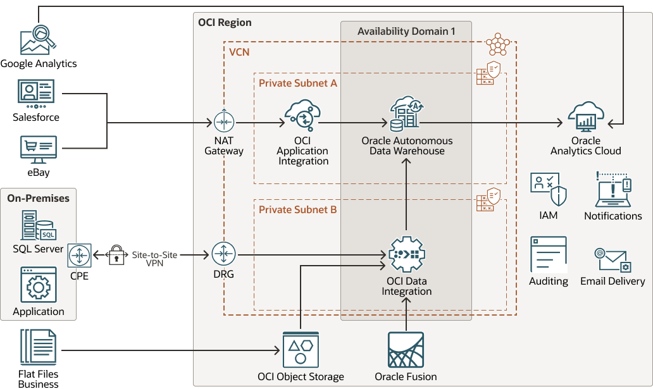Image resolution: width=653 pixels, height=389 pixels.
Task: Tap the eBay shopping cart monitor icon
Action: [x=38, y=150]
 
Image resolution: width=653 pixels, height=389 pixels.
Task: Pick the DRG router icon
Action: [x=223, y=255]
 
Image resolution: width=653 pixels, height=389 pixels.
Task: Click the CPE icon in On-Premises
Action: [x=80, y=256]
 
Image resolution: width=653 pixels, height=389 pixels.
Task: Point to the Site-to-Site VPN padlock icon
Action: [x=116, y=255]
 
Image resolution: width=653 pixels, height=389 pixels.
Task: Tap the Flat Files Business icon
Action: [x=38, y=349]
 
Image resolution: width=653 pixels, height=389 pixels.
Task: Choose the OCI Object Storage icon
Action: [x=301, y=350]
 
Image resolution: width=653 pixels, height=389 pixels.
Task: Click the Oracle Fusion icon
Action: [x=406, y=350]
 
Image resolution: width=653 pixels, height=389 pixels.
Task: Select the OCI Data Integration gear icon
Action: [x=407, y=254]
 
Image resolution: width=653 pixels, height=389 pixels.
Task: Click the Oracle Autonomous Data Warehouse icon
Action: [x=406, y=114]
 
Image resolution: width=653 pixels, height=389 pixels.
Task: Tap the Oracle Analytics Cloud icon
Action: [x=586, y=116]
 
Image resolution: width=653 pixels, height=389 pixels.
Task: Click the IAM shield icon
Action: [x=548, y=190]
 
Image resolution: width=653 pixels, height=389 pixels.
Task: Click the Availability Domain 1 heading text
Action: [x=406, y=31]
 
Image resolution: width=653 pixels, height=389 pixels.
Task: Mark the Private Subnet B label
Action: [x=298, y=209]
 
